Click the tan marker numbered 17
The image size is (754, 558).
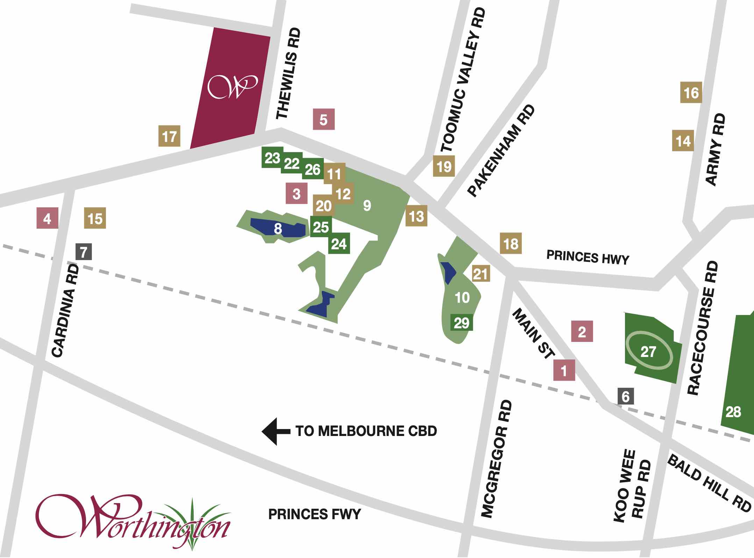click(x=169, y=136)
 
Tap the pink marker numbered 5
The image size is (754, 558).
click(x=323, y=119)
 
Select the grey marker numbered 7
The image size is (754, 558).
click(x=84, y=252)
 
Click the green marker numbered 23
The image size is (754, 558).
click(x=272, y=158)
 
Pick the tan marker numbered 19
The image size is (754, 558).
click(x=444, y=166)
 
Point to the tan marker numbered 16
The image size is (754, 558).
click(x=691, y=93)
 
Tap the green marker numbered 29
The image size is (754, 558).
click(x=461, y=322)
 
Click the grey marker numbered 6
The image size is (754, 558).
click(x=626, y=396)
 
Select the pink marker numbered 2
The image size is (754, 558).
click(x=582, y=331)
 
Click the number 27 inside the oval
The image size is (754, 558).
click(x=648, y=351)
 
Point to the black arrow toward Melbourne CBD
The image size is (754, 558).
click(x=276, y=431)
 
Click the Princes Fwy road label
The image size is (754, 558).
click(x=314, y=514)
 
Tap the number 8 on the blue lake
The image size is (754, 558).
click(x=278, y=229)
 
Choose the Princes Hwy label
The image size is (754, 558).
click(x=588, y=257)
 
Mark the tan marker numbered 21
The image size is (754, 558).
click(x=481, y=273)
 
